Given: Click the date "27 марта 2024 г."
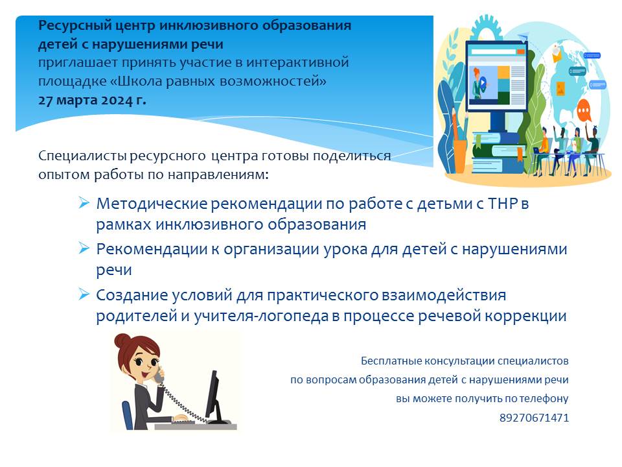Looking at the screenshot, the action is point(92,100).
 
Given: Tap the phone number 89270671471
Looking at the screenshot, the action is point(534,418).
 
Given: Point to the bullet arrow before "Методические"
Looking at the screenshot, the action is point(84,202).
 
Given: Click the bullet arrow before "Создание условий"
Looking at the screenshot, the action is point(84,294).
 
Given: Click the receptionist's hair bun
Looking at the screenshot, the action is point(122,340).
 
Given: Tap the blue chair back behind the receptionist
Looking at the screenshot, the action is point(128,415).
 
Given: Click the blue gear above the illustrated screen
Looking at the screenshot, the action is point(485,28).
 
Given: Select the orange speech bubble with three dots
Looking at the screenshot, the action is point(584,110).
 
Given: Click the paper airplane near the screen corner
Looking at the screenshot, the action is point(524,36).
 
